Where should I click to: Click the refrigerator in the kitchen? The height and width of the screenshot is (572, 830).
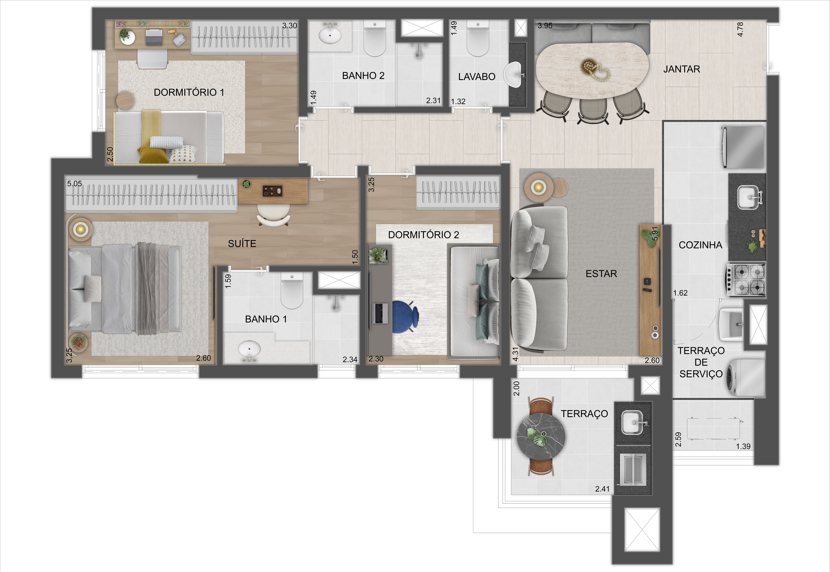743,147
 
